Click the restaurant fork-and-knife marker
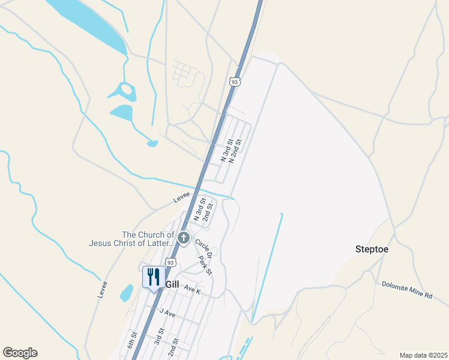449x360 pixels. click(x=153, y=278)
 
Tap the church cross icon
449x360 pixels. click(x=183, y=238)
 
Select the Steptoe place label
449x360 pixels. click(x=372, y=249)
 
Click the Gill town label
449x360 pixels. click(x=172, y=284)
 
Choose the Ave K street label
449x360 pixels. click(x=192, y=290)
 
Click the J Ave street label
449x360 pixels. click(x=167, y=313)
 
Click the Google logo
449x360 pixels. click(x=20, y=353)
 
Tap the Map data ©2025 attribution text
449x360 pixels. click(x=423, y=355)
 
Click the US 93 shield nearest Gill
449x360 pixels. click(x=170, y=262)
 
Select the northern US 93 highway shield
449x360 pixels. click(x=235, y=81)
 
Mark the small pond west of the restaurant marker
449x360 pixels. click(x=126, y=293)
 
